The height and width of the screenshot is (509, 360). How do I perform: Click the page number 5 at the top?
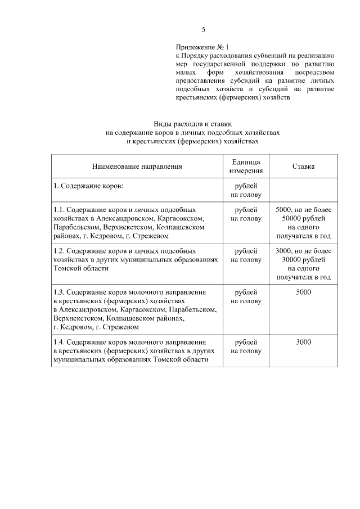click(x=204, y=29)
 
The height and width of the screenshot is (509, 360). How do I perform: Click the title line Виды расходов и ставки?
click(x=193, y=123)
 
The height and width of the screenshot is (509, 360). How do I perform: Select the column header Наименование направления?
click(x=137, y=166)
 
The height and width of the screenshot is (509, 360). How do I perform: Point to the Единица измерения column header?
click(x=246, y=166)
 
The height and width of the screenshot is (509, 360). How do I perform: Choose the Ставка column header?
click(x=304, y=166)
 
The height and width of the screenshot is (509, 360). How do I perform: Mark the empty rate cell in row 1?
click(x=304, y=190)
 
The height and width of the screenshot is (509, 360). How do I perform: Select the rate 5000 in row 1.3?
click(x=304, y=292)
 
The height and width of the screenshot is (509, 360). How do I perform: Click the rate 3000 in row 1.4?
click(x=304, y=342)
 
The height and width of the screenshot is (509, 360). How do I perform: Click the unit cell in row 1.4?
click(x=246, y=346)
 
